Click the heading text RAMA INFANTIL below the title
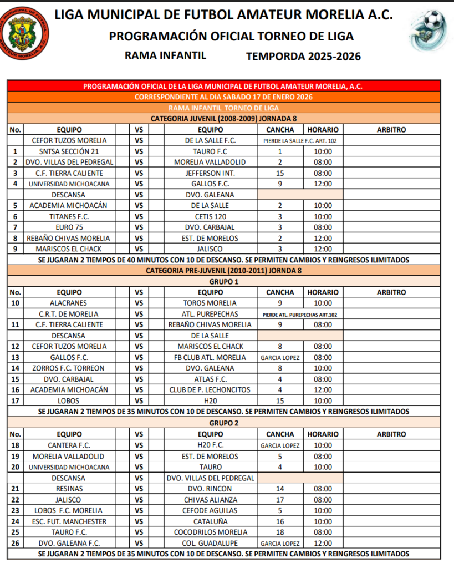click(165, 55)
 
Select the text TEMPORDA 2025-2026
click(303, 56)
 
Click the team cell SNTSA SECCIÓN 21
click(69, 151)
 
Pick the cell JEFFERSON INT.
click(210, 173)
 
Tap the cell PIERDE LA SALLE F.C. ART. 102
click(300, 141)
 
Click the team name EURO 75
click(69, 227)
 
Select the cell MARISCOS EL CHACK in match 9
click(69, 249)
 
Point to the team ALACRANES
click(69, 303)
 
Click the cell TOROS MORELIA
click(210, 303)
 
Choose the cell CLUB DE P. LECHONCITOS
click(210, 390)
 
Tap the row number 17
click(15, 400)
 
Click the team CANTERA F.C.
click(69, 445)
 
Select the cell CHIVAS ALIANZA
click(210, 500)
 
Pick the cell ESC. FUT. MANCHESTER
click(69, 521)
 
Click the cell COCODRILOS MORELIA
click(210, 532)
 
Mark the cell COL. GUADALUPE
click(210, 544)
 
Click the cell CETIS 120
click(210, 216)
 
